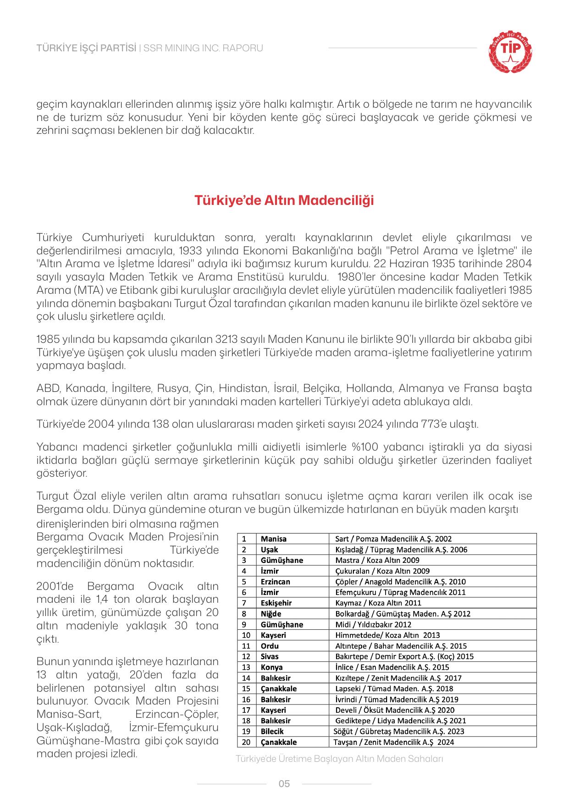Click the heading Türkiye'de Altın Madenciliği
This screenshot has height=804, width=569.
click(x=284, y=201)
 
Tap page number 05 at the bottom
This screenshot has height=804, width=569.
click(x=284, y=783)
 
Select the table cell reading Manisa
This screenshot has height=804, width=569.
click(x=274, y=539)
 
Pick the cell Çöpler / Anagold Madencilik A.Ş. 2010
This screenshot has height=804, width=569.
click(x=400, y=582)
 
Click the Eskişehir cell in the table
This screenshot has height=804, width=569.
click(x=276, y=603)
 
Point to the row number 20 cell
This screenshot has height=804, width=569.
click(x=246, y=742)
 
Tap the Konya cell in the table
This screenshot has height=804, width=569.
click(x=271, y=667)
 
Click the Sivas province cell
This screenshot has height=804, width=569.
click(x=270, y=656)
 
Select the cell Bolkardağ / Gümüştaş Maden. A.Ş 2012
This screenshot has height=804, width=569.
click(x=403, y=614)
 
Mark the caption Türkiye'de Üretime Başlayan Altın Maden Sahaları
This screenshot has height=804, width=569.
click(x=339, y=759)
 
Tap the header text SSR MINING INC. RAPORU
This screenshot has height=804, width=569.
click(x=203, y=48)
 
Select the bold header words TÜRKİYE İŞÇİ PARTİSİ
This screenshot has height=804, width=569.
click(x=86, y=48)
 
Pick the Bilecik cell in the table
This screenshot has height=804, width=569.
click(x=272, y=731)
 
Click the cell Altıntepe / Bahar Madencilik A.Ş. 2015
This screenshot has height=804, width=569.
click(x=401, y=646)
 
